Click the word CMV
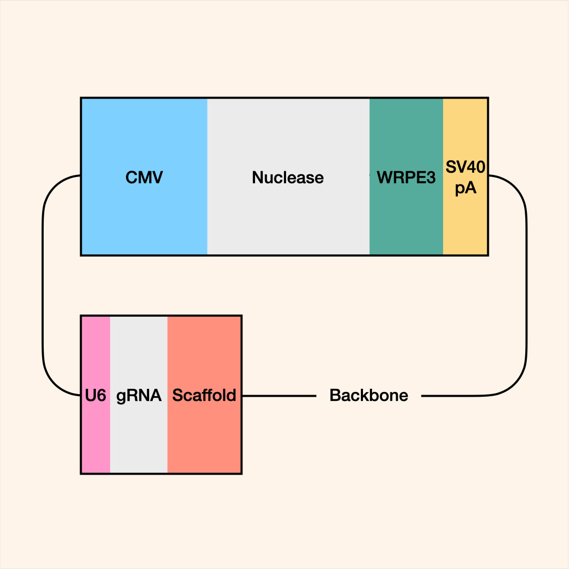click(144, 178)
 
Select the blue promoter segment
click(144, 221)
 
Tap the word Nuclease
click(288, 178)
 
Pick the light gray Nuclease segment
click(288, 221)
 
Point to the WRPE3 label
click(406, 178)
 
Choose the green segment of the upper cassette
click(406, 221)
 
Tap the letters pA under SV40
click(465, 188)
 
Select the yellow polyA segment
click(465, 227)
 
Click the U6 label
click(95, 395)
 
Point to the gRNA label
click(139, 395)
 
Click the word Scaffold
click(204, 395)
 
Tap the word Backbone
click(369, 395)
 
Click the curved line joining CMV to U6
click(42, 284)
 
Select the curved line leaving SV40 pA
click(526, 284)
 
